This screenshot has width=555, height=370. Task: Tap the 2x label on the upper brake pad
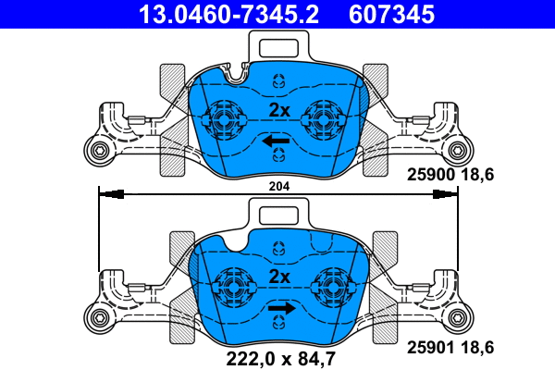(278, 110)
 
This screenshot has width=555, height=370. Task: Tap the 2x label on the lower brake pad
(278, 277)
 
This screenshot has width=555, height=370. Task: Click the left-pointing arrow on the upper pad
(275, 141)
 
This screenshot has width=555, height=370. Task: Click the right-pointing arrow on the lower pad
(281, 308)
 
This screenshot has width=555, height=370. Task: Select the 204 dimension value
(279, 187)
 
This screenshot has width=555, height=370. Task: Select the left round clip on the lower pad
(231, 284)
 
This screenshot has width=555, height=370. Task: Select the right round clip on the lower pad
(333, 284)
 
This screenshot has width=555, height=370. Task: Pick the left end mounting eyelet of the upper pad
(95, 151)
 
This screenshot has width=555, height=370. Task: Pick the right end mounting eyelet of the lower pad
(459, 319)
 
